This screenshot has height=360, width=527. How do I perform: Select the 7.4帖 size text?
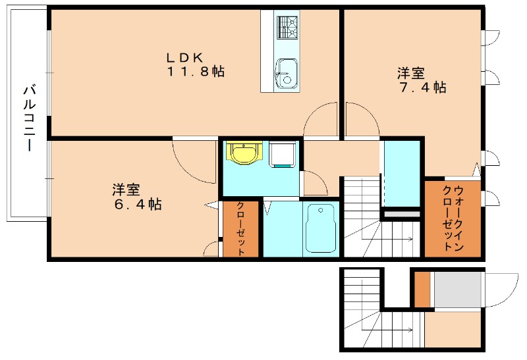422,88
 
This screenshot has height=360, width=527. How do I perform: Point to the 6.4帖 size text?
137,205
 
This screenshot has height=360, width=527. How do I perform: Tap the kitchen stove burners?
287,28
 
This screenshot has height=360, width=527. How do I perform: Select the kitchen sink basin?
286,71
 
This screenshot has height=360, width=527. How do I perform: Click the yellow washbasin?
244,153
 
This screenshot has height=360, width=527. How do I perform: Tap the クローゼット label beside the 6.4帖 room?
240,229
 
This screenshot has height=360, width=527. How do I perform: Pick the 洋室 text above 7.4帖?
410,72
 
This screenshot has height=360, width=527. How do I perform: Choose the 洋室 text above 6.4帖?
125,190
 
